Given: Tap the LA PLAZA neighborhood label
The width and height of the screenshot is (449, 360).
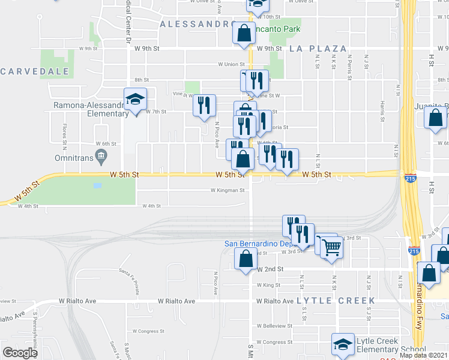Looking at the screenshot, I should coord(319,49).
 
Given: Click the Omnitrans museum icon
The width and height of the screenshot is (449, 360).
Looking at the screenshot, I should coord(101,158).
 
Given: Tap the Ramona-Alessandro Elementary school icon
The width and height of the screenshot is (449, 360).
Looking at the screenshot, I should coord(135,100).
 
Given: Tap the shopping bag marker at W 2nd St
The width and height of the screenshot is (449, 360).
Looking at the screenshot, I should coord(245,260).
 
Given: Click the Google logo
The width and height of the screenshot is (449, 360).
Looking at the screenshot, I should coord(19,353).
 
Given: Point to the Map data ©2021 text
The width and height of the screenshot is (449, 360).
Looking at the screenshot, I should coord(423,355).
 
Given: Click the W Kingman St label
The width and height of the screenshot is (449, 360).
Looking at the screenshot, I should coord(228,191).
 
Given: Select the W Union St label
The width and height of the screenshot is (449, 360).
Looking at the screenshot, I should coord(231,64).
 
